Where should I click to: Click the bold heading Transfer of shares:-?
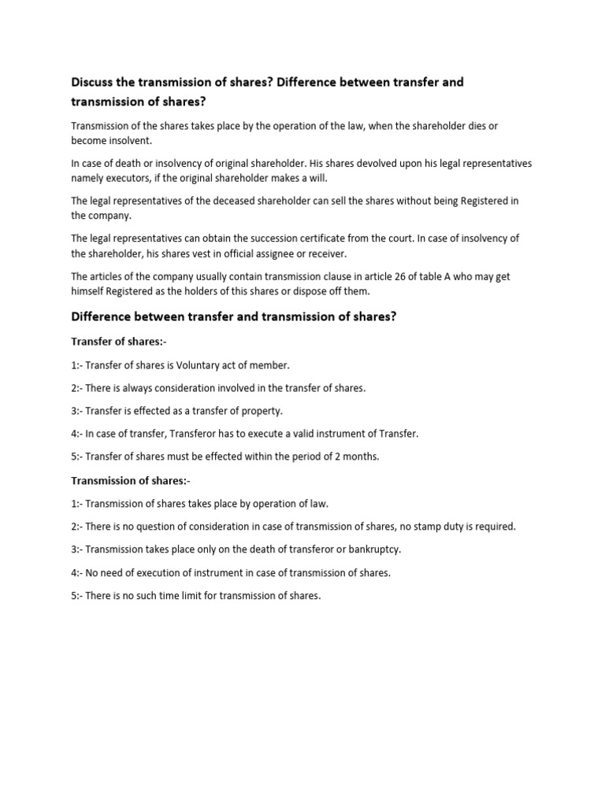[x=119, y=342]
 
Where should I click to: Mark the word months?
[x=359, y=457]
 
